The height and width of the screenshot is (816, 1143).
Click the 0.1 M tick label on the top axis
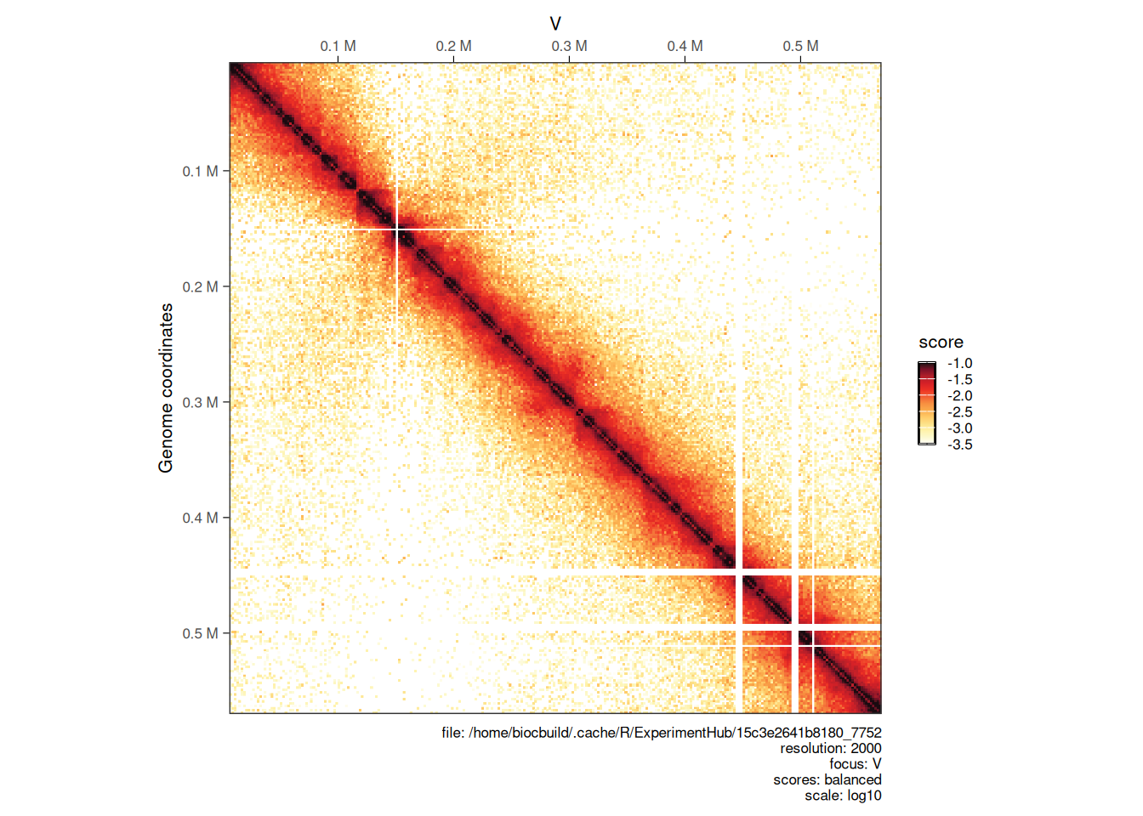click(x=338, y=46)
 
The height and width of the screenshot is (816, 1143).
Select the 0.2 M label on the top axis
click(x=453, y=46)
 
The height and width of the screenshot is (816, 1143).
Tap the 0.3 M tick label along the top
click(x=569, y=46)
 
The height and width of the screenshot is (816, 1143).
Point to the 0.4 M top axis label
click(x=685, y=46)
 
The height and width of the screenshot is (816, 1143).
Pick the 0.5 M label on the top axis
click(x=800, y=46)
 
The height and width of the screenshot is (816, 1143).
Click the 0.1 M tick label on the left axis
click(x=200, y=171)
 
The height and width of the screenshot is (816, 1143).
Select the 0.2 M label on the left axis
click(x=200, y=286)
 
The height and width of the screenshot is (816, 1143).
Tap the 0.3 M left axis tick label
click(x=200, y=402)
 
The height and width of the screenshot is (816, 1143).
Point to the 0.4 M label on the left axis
click(x=200, y=518)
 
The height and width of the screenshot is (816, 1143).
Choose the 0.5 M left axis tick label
click(x=200, y=633)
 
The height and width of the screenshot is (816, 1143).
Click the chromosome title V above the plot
click(x=555, y=24)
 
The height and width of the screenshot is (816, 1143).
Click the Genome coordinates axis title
click(x=166, y=388)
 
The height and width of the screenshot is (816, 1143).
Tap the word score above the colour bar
click(x=941, y=343)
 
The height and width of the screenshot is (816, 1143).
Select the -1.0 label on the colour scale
click(x=959, y=364)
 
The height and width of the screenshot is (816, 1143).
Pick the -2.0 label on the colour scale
click(x=959, y=396)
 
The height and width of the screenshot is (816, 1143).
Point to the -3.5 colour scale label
click(x=959, y=445)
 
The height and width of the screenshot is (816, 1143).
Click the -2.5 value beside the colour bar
click(x=959, y=412)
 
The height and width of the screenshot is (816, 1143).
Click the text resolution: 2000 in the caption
click(x=830, y=748)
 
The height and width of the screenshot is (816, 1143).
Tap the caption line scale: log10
click(x=843, y=796)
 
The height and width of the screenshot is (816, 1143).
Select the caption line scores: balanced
click(x=827, y=779)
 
